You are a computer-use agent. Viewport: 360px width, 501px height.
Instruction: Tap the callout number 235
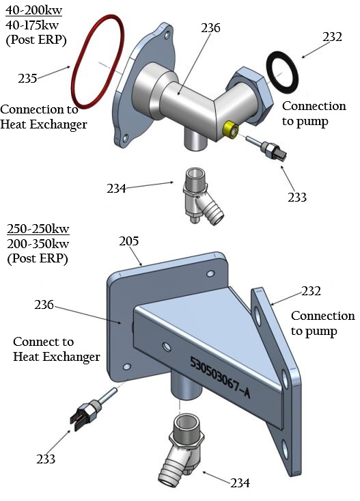pos(27,79)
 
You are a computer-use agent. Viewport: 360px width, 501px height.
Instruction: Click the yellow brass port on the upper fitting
pos(231,128)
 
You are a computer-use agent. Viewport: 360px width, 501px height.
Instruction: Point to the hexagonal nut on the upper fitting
pos(246,96)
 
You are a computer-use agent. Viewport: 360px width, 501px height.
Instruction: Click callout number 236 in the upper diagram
pos(210,28)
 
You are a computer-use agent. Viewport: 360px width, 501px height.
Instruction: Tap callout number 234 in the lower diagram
pos(239,483)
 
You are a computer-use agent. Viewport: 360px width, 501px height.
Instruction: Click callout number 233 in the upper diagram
pos(296,198)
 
